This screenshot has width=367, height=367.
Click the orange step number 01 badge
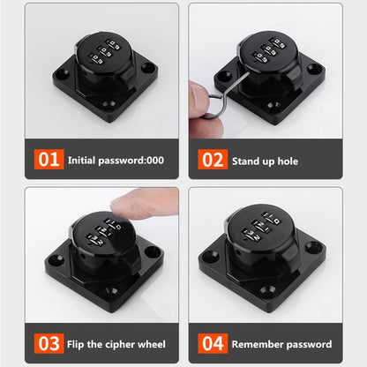(49, 161)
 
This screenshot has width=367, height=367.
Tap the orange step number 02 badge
(213, 161)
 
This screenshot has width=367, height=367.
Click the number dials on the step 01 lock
(113, 51)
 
